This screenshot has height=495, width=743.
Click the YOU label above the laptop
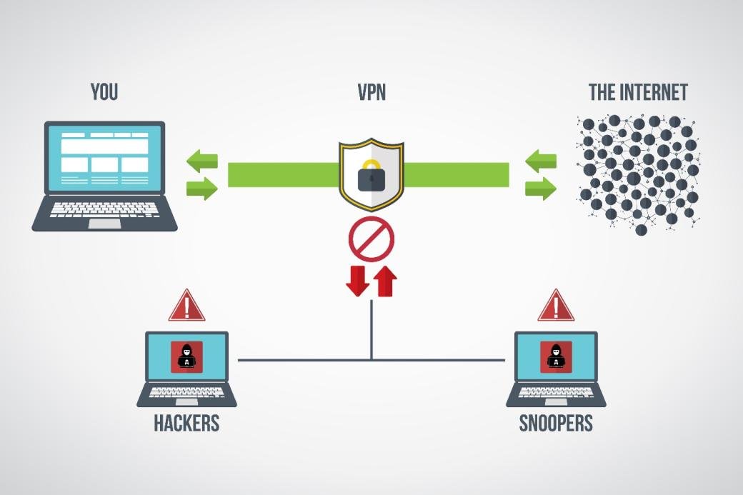coord(104,92)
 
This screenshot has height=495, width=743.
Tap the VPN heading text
coord(371,92)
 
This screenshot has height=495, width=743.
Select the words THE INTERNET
coord(638,92)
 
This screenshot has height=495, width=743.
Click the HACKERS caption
coord(186,423)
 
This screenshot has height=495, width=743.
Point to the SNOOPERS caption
coord(556,423)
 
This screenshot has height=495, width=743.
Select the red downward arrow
coord(357,281)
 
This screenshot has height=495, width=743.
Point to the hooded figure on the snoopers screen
coord(555,356)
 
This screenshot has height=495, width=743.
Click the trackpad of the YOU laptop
coord(104,223)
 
